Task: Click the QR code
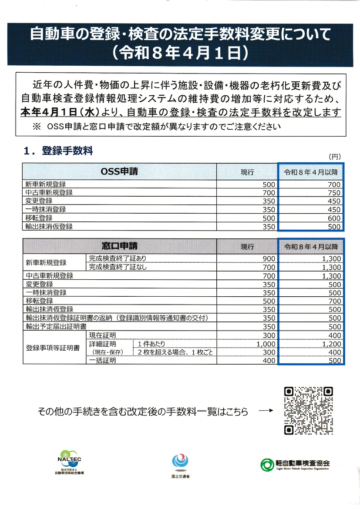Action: (x=308, y=411)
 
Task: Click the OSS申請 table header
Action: (x=119, y=171)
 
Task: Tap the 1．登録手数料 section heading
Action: (x=58, y=151)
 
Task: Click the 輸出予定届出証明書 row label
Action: (x=56, y=326)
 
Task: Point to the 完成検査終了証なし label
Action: (x=118, y=267)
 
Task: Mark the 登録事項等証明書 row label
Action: (x=52, y=348)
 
